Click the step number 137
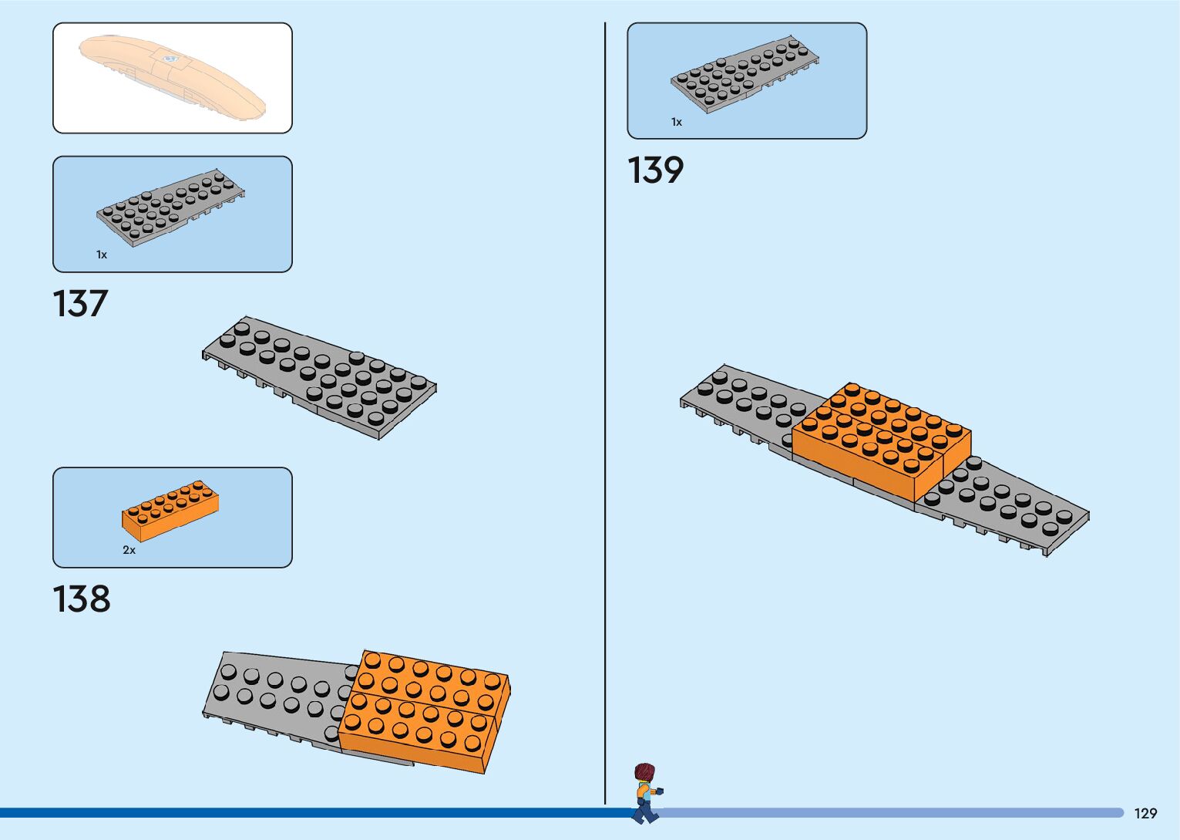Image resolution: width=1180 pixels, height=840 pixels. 80,304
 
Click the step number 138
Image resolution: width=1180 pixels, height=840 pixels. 81,599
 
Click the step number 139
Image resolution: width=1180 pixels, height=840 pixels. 655,170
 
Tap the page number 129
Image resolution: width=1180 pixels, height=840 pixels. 1145,814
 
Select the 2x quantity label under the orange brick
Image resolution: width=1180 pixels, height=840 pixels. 129,550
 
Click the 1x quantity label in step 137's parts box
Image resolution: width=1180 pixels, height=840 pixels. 102,255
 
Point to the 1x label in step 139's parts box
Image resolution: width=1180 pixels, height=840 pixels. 677,122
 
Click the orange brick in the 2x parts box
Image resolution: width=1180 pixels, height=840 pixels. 170,510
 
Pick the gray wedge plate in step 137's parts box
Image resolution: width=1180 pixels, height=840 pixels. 170,207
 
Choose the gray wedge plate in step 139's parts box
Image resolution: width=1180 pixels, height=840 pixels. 745,73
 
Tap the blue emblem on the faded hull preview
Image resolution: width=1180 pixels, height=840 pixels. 170,58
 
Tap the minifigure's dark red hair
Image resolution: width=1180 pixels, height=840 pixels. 644,772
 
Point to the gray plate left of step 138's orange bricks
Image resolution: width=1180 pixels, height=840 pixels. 270,694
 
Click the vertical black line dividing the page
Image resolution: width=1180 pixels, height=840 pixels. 605,386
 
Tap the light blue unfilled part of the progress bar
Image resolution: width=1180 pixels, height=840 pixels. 886,812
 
